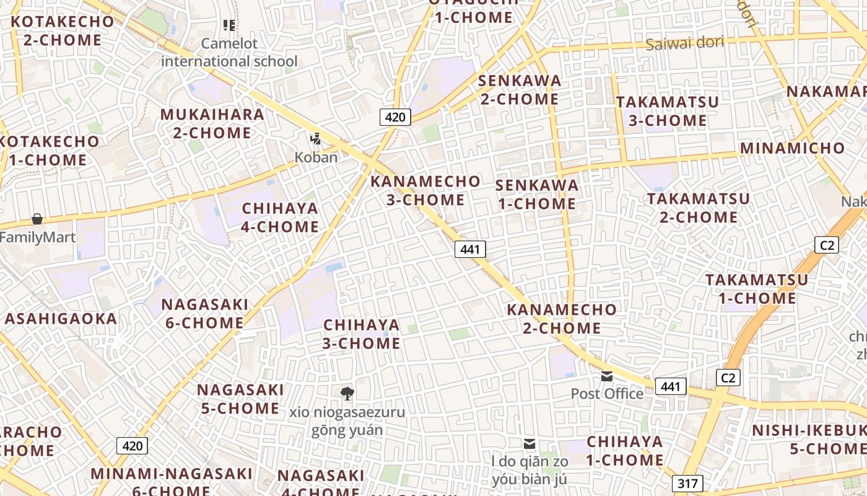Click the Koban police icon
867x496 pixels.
pyautogui.click(x=316, y=139)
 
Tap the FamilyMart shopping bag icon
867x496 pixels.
pyautogui.click(x=37, y=219)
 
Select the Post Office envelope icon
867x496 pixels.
pyautogui.click(x=607, y=376)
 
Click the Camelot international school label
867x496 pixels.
pyautogui.click(x=229, y=53)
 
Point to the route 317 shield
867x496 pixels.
pyautogui.click(x=687, y=484)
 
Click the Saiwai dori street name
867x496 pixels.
pyautogui.click(x=685, y=43)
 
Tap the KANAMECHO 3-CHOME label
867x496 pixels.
pyautogui.click(x=425, y=190)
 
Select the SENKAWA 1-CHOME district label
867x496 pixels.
pyautogui.click(x=537, y=194)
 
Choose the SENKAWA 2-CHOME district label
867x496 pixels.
pyautogui.click(x=520, y=90)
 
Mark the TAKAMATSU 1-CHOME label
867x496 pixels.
pyautogui.click(x=757, y=289)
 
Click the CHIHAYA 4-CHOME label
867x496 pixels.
pyautogui.click(x=280, y=218)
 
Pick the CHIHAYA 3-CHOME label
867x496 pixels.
pyautogui.click(x=362, y=334)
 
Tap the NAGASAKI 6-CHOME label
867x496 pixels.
pyautogui.click(x=204, y=314)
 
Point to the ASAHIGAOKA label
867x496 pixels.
pyautogui.click(x=61, y=319)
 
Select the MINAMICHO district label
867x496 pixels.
pyautogui.click(x=792, y=148)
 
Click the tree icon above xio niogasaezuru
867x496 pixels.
pyautogui.click(x=347, y=393)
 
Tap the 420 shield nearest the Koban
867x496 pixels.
pyautogui.click(x=395, y=117)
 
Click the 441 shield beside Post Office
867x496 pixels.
pyautogui.click(x=671, y=386)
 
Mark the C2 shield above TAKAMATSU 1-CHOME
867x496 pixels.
pyautogui.click(x=827, y=245)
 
